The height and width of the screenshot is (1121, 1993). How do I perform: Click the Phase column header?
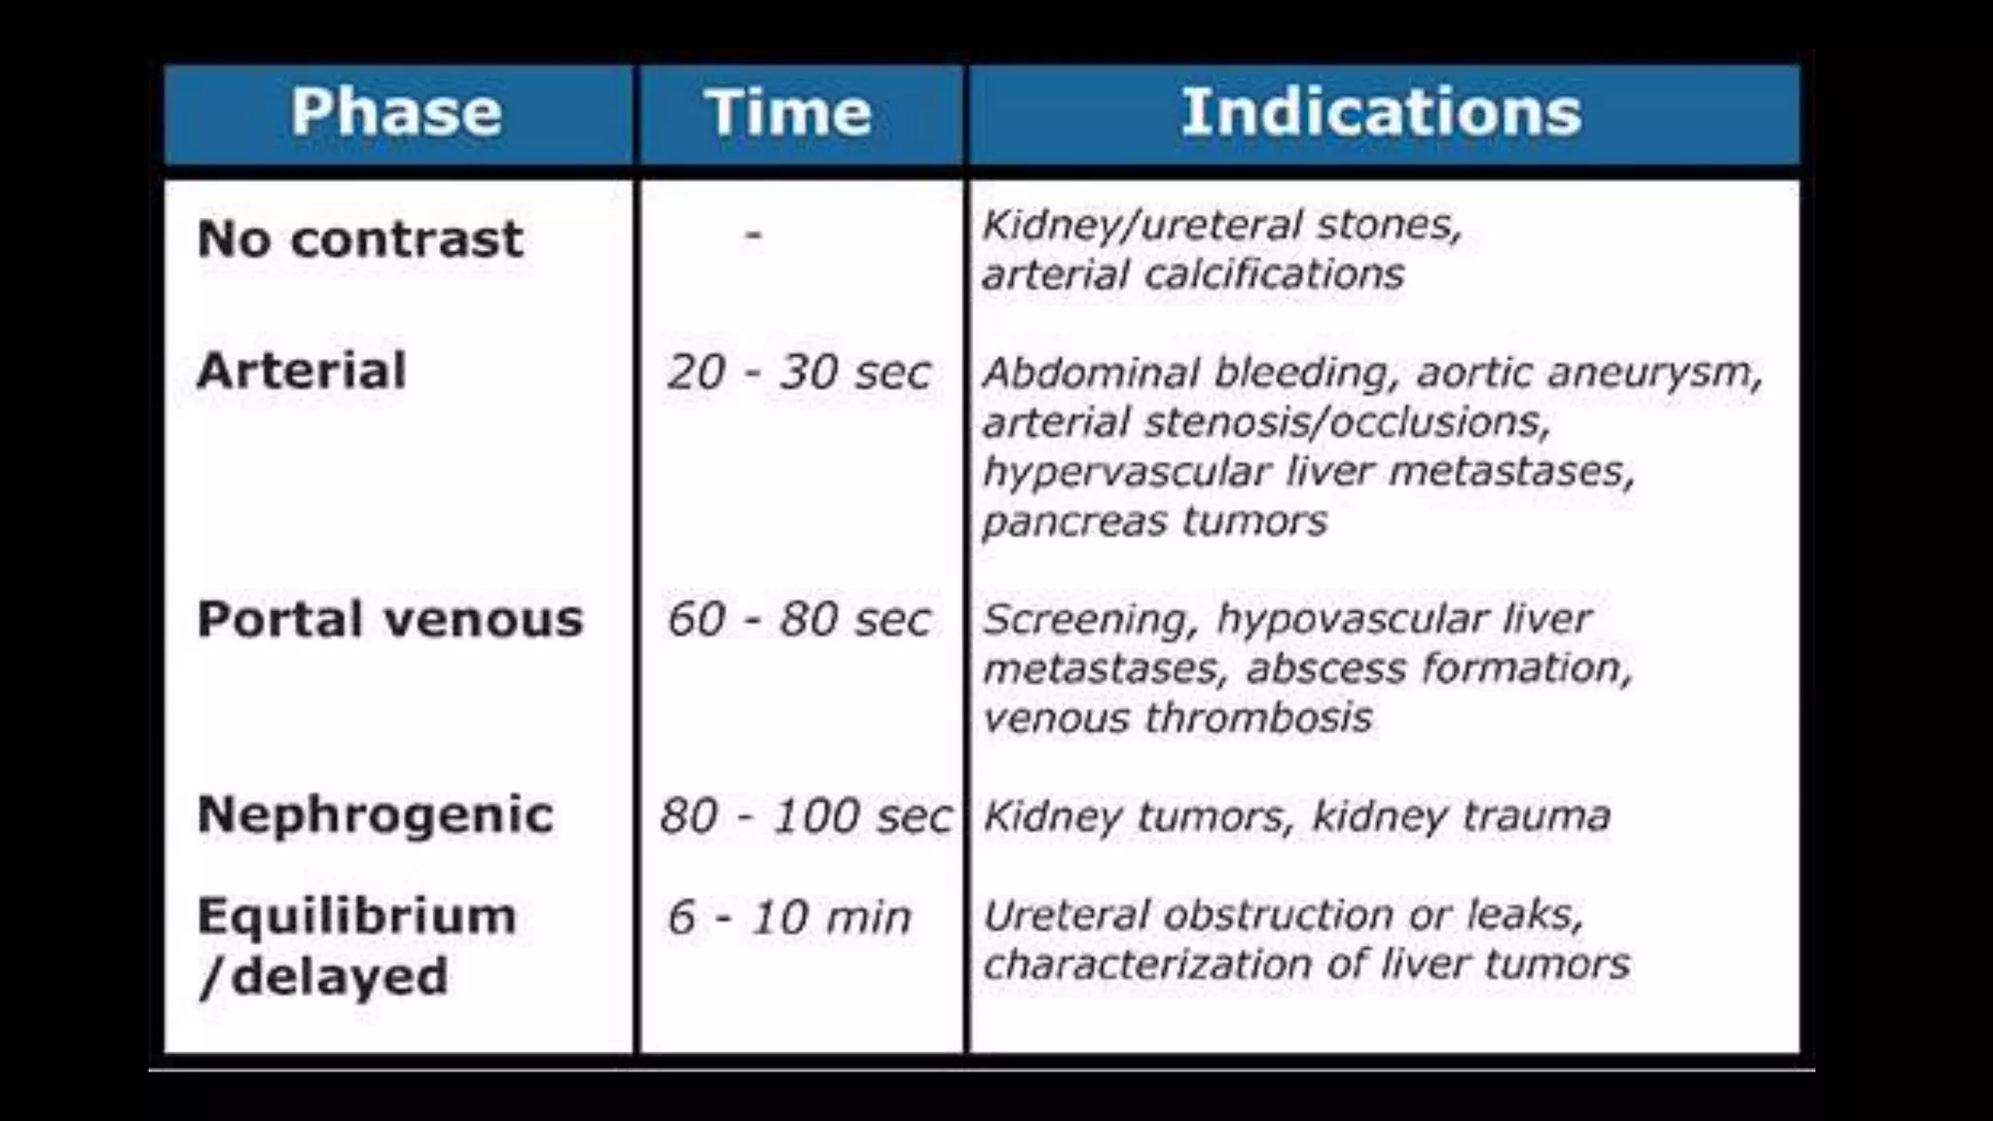point(396,112)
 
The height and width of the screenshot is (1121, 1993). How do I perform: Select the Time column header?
point(788,112)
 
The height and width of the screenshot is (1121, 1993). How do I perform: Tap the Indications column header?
point(1381,112)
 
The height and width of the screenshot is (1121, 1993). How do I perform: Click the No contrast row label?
point(360,239)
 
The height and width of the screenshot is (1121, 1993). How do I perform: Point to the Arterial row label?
point(302,371)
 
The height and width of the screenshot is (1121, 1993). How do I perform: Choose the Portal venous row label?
point(390,619)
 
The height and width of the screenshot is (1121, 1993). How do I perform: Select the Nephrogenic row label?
point(376,815)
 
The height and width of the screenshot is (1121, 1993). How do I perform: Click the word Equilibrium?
point(357,917)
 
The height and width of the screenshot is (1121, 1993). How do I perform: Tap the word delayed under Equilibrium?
point(340,976)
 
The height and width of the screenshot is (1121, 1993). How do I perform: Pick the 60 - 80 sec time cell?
point(799,620)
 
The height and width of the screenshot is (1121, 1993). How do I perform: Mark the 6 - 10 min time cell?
point(789,918)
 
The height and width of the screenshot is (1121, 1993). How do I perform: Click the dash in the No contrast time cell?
point(753,235)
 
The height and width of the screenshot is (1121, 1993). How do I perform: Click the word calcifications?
point(1274,274)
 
